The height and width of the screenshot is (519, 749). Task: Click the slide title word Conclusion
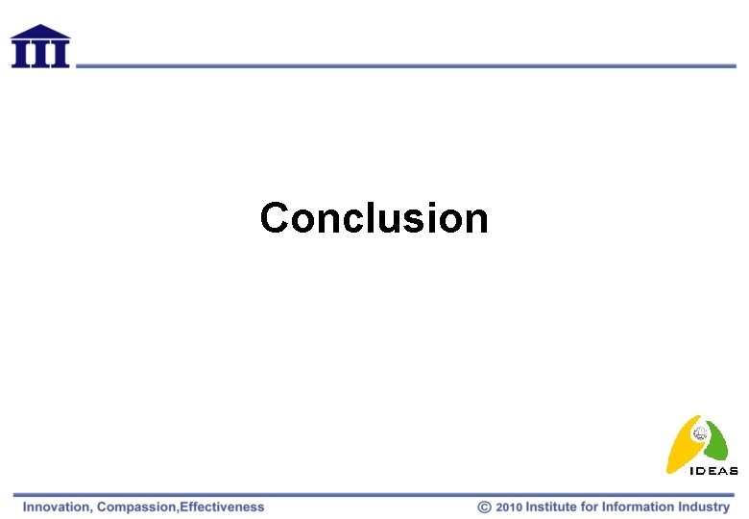coord(374,218)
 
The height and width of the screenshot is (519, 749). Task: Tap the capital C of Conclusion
coord(274,218)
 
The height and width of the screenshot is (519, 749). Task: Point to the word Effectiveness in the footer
coord(222,507)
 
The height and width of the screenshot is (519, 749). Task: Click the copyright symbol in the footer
coord(485,507)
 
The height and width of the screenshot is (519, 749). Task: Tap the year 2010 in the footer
coord(509,507)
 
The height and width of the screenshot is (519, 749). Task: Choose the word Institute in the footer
coord(552,507)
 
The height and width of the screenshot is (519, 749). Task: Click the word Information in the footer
coord(639,507)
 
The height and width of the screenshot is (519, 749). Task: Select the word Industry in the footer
coord(704,507)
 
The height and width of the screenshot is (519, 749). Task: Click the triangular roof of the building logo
coord(40,32)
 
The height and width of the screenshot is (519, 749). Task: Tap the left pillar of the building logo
coord(22,54)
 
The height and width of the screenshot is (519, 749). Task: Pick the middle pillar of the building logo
coord(40,54)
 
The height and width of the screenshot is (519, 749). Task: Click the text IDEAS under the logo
coord(714,471)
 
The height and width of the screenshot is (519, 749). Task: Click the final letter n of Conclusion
coord(477,220)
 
